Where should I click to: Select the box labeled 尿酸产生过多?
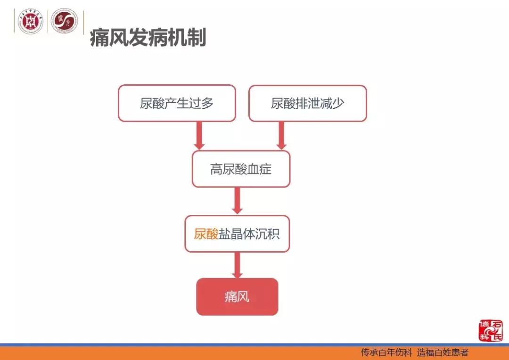177,103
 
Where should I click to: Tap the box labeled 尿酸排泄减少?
307,103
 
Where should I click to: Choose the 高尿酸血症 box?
241,169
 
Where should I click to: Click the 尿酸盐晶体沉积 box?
237,234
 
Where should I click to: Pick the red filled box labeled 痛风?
237,297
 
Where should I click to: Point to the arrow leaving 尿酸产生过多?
199,136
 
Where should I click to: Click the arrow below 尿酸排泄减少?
281,136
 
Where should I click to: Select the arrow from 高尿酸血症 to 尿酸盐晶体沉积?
238,201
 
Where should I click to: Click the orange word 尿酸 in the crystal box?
206,234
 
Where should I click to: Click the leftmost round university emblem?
31,22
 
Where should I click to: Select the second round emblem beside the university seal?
64,22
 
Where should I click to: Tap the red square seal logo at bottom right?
491,330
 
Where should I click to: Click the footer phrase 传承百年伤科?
386,352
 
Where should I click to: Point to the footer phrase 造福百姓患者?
443,352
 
